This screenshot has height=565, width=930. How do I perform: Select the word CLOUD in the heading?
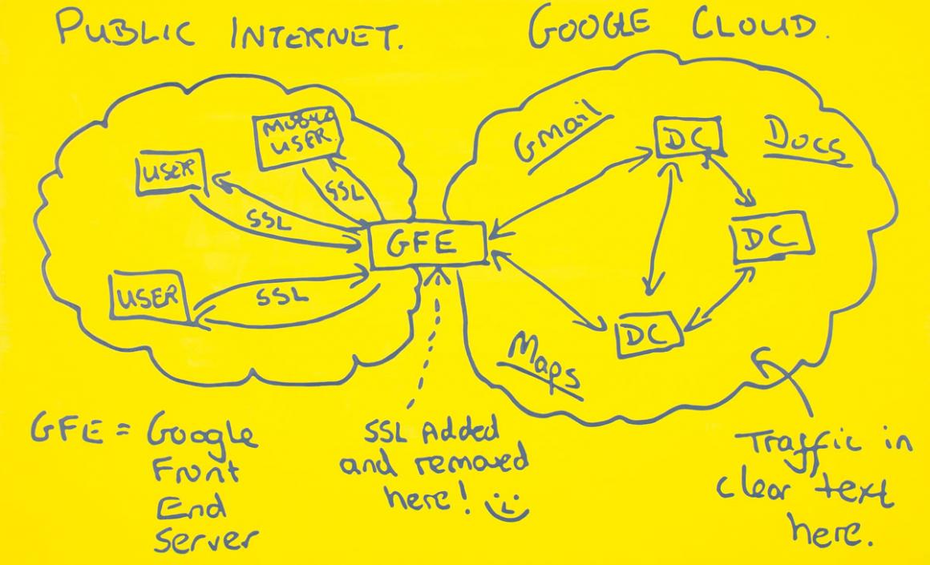click(760, 26)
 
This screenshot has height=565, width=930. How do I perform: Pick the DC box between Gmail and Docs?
click(687, 138)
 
